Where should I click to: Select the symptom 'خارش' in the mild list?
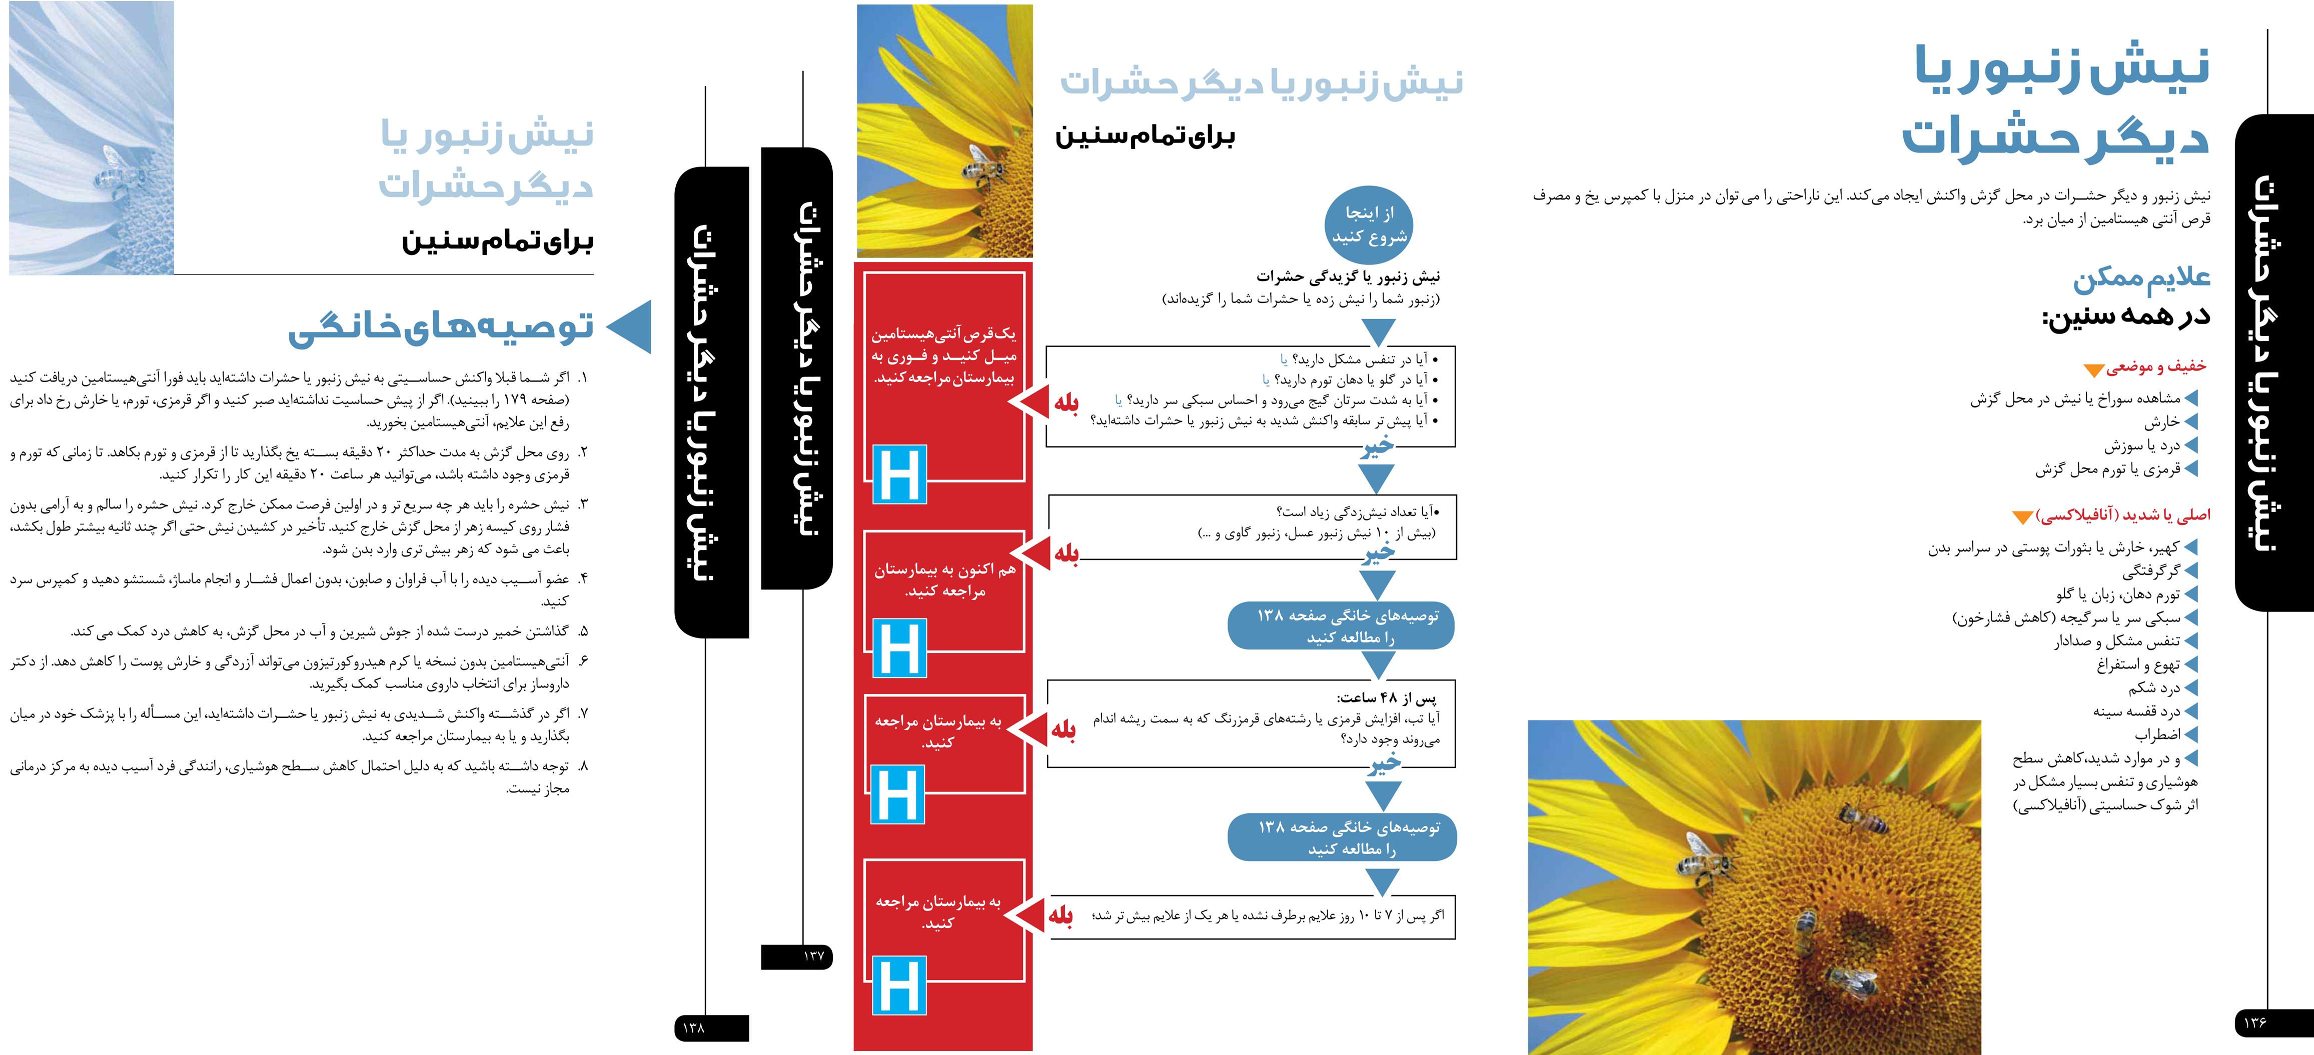coord(2161,422)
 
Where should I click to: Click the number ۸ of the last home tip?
coord(581,766)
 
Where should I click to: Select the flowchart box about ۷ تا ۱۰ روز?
coord(1252,916)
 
